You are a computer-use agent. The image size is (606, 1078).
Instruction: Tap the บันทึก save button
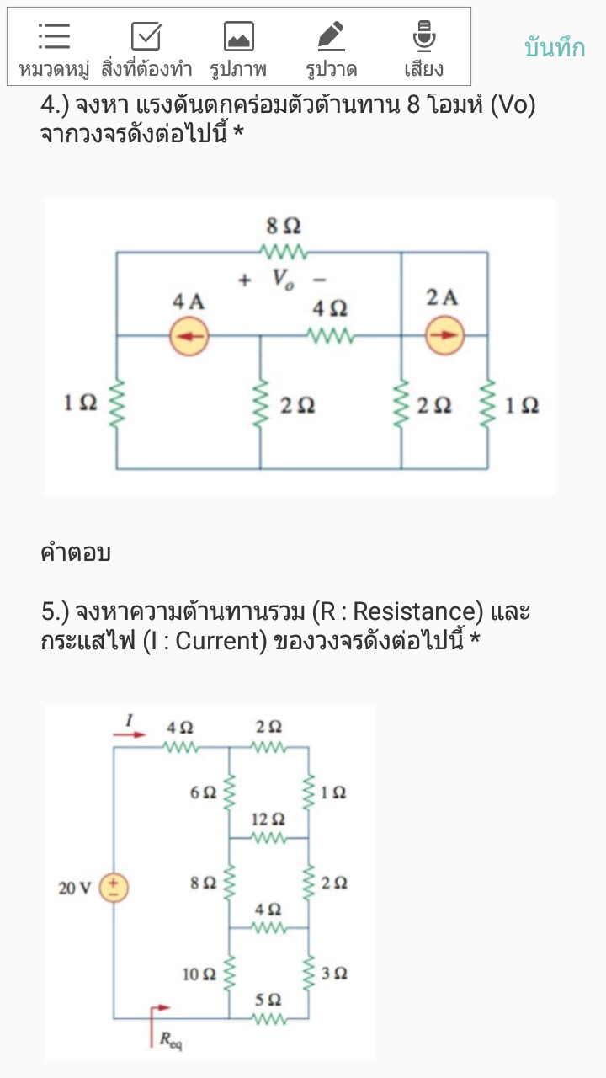tap(554, 48)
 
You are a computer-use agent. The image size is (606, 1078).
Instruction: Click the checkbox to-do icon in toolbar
tap(146, 36)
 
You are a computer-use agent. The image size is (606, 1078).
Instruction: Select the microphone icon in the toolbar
tap(423, 36)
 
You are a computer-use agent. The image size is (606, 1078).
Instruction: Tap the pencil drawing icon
tap(331, 36)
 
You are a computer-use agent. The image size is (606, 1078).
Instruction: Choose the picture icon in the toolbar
tap(238, 36)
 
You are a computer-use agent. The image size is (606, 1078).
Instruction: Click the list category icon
tap(54, 36)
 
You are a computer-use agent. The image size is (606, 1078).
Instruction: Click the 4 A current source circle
tap(189, 337)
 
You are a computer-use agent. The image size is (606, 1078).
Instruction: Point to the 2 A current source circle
tap(444, 337)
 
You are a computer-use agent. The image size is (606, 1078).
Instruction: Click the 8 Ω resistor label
tap(283, 226)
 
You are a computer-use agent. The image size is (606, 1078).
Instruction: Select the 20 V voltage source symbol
tap(114, 888)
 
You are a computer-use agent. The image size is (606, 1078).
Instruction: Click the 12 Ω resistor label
tap(268, 819)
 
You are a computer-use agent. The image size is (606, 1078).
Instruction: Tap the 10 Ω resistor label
tap(199, 974)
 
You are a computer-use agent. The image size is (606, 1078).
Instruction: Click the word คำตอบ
tap(76, 553)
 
